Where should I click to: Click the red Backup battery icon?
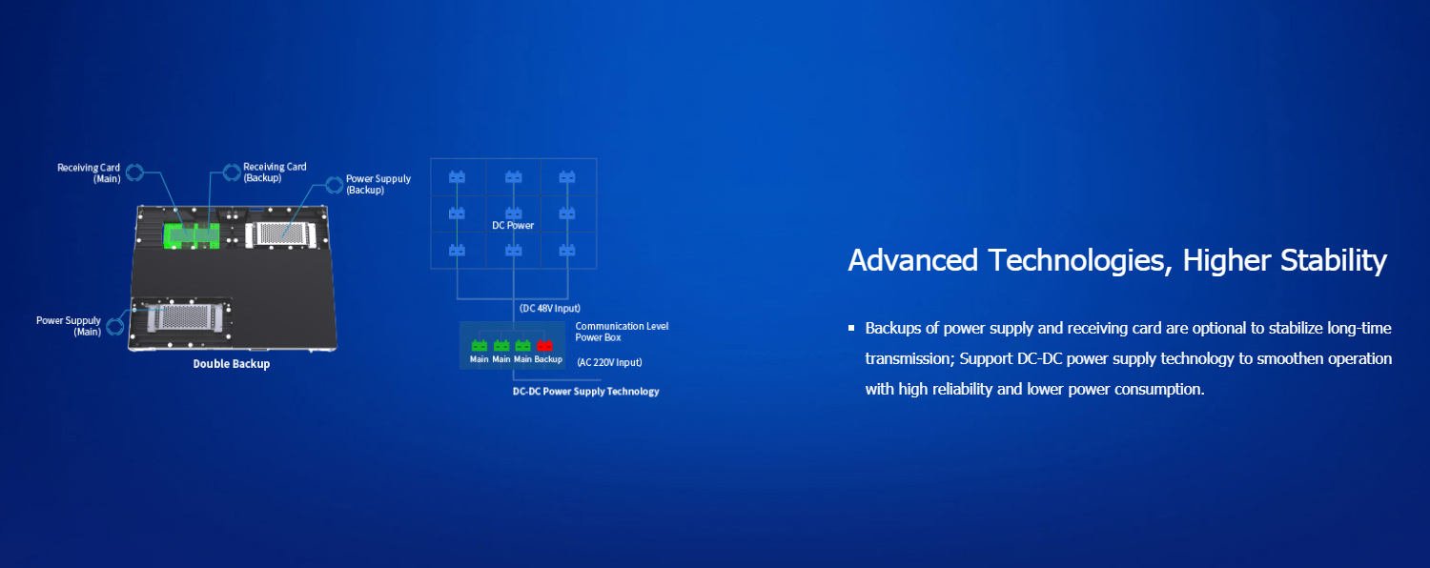coord(545,346)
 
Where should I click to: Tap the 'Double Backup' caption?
coord(232,364)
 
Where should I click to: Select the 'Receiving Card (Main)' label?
coord(89,172)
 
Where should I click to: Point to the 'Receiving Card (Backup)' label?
coord(275,172)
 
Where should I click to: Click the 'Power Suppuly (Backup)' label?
coord(378,184)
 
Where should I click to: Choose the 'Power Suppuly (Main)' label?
coord(69,326)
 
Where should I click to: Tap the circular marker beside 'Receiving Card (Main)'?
coord(134,172)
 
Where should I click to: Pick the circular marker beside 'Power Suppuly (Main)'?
coord(115,326)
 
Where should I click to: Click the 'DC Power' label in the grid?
coord(513,226)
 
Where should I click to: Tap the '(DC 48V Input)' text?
coord(549,309)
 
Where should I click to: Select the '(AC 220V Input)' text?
coord(609,362)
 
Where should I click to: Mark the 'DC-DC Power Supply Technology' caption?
coord(585,392)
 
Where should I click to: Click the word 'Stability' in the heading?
coord(1333,260)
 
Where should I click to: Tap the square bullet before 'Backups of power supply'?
coord(851,329)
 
